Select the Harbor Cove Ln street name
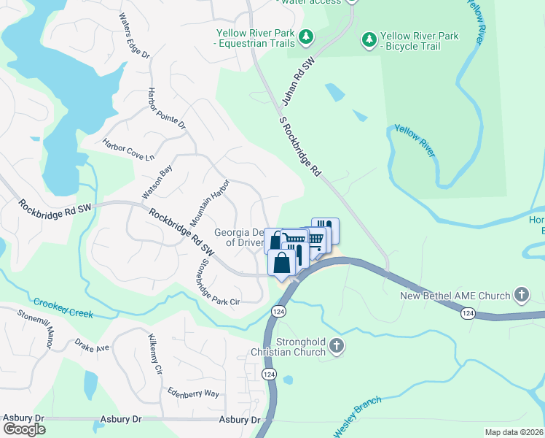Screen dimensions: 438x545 tap(129, 150)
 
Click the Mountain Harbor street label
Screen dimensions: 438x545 tap(210, 202)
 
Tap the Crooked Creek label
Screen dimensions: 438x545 tap(63, 307)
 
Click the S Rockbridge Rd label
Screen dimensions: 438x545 tap(300, 146)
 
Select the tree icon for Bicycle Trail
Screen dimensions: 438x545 tap(369, 38)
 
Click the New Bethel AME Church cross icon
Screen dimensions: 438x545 tap(521, 296)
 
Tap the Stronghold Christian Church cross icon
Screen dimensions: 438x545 tap(336, 347)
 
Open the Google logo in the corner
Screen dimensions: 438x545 tap(23, 429)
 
